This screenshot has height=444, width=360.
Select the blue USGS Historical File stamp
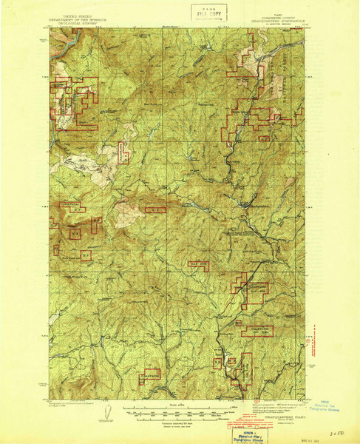(324, 410)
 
